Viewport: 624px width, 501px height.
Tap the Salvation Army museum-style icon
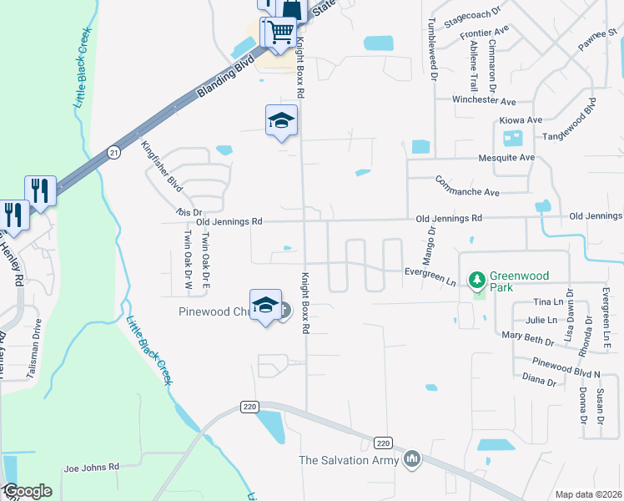point(412,459)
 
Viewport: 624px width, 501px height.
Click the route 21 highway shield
point(114,152)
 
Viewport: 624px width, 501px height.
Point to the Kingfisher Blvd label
point(156,163)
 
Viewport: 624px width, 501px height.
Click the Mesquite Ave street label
point(506,157)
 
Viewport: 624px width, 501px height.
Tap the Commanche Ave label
point(466,186)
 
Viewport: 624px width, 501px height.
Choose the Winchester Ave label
point(484,100)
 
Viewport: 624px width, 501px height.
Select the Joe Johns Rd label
point(92,467)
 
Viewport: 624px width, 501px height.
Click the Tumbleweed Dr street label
point(433,48)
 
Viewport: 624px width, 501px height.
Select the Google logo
point(28,491)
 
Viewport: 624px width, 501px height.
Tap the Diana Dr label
point(539,380)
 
